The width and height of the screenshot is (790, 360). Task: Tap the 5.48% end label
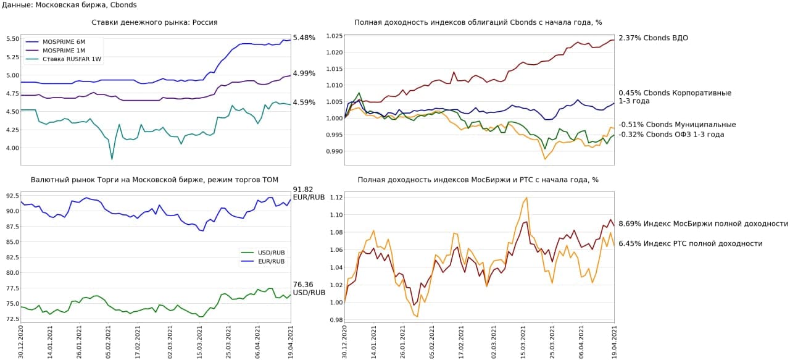[304, 38]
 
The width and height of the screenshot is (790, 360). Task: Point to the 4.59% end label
[304, 103]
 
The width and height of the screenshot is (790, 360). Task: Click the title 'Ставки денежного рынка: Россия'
[154, 22]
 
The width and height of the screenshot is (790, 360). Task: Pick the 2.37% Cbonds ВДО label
[653, 38]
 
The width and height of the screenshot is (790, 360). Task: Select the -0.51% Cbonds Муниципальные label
[676, 125]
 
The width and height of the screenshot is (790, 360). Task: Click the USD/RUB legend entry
[271, 252]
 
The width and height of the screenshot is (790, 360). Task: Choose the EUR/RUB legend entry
[271, 261]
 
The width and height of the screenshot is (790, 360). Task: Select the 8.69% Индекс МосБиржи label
[703, 224]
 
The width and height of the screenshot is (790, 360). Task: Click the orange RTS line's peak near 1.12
[526, 198]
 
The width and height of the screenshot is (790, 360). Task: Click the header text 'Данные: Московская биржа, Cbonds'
[69, 5]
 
